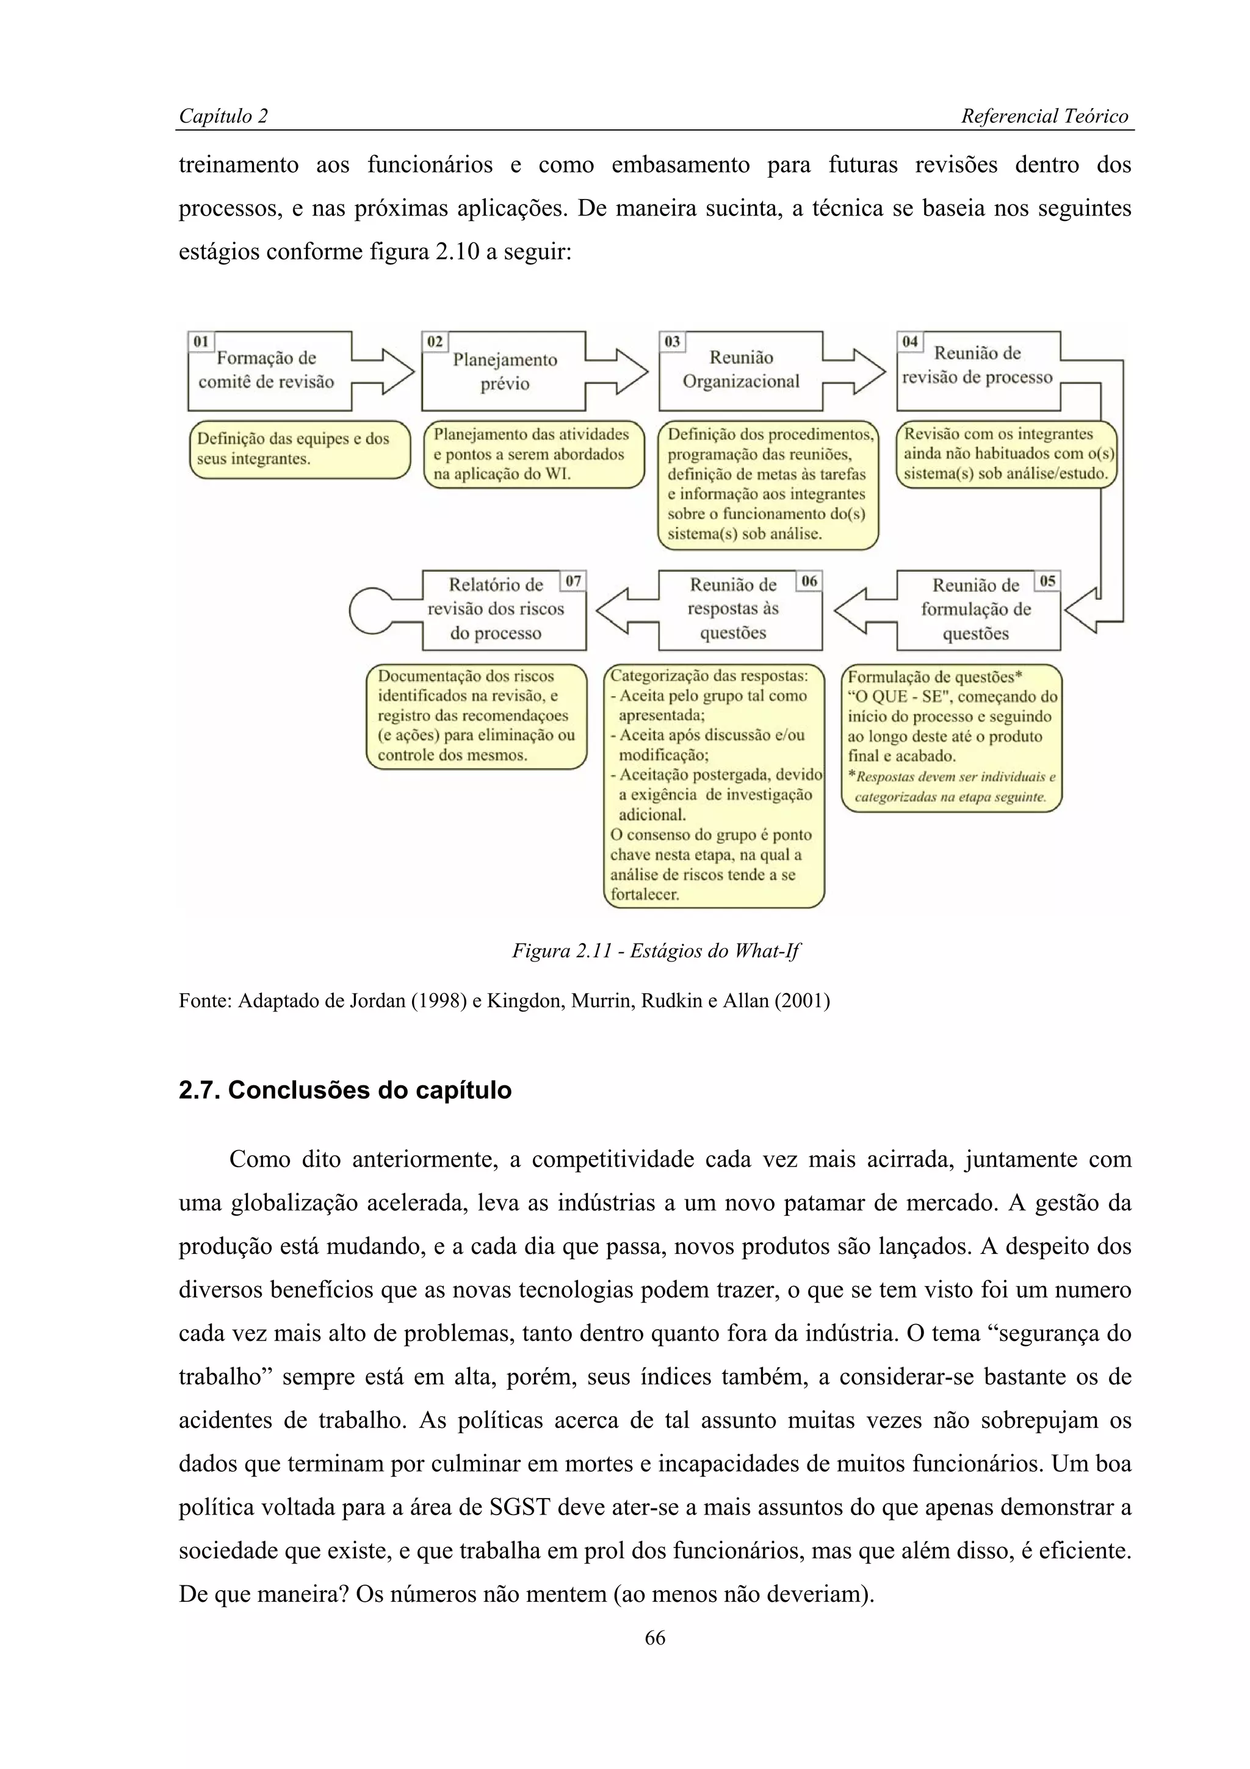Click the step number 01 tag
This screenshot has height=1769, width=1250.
tap(201, 341)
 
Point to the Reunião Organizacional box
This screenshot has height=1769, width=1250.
tap(741, 370)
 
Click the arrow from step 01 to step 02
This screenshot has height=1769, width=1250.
tap(383, 371)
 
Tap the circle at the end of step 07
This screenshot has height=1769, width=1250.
tap(371, 611)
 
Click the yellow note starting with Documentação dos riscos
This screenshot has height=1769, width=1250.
tap(476, 716)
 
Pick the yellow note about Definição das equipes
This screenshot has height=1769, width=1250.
tap(300, 449)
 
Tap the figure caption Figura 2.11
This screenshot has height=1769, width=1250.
tap(656, 951)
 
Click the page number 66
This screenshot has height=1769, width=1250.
tap(655, 1638)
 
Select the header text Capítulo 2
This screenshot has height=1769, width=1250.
tap(223, 117)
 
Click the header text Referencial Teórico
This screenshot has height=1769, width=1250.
tap(1044, 117)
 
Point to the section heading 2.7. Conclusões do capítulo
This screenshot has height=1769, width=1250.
tap(345, 1090)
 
